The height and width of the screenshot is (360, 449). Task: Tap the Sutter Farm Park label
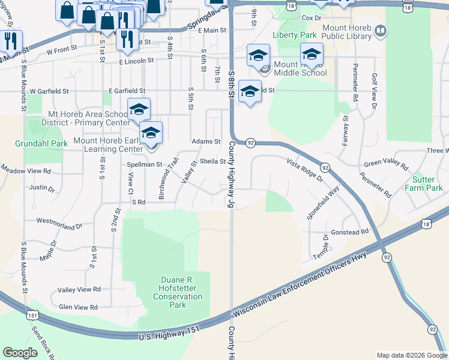click(427, 184)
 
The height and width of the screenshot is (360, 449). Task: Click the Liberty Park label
click(294, 35)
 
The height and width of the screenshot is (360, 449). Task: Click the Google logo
click(20, 353)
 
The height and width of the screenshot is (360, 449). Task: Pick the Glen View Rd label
click(78, 307)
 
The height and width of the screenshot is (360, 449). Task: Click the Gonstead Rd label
click(349, 232)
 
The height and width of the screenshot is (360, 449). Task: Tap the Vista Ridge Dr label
click(305, 170)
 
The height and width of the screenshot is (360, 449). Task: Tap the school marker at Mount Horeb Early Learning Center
click(151, 133)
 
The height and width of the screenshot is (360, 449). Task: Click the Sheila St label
click(212, 161)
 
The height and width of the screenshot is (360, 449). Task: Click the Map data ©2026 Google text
click(411, 355)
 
